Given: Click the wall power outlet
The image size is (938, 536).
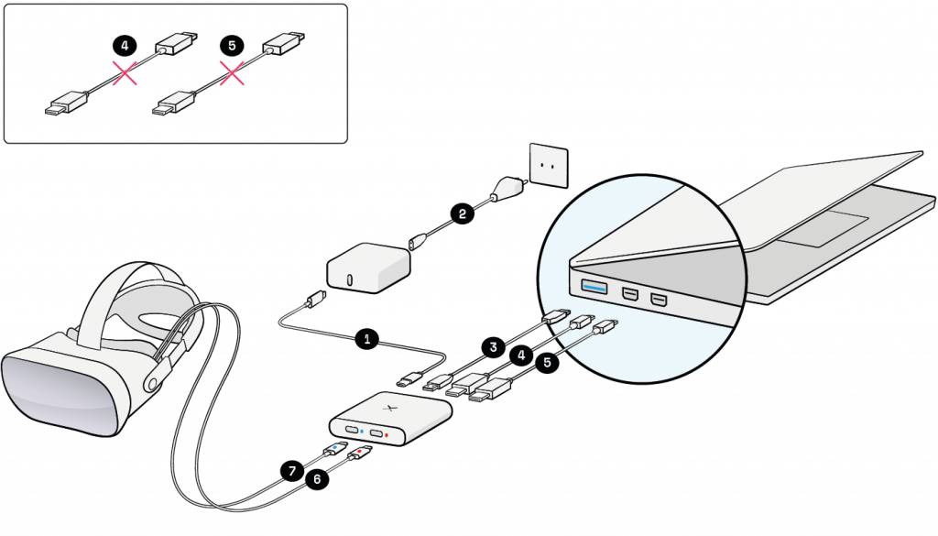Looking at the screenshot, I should click(550, 166).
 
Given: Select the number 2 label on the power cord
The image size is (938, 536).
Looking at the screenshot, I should click(463, 213).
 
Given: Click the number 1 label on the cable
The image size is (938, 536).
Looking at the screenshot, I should click(367, 339).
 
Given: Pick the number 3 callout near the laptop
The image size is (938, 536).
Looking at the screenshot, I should click(493, 347).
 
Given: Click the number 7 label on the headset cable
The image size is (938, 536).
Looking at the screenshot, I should click(292, 471).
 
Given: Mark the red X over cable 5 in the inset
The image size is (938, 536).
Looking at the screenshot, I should click(232, 72).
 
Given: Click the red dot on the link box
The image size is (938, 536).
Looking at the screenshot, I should click(388, 434).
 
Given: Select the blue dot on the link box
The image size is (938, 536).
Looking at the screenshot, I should click(362, 430).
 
